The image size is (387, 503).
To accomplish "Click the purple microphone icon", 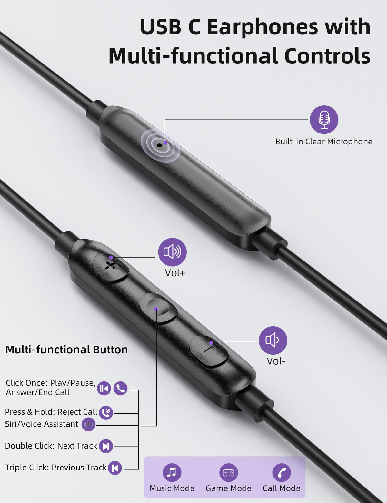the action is pos(324,120).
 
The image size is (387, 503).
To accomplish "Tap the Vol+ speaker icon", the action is pos(173,252).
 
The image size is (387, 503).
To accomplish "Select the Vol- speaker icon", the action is pos(273,340).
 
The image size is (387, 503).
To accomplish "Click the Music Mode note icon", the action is pos(172,472).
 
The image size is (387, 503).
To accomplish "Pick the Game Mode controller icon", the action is pos(228,472).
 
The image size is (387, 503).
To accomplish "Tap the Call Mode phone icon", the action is pos(282,472).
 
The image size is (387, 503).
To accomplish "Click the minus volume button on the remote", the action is pos(209,351).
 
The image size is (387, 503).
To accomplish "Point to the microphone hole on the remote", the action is pos(159,145).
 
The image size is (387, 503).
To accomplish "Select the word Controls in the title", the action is pos(327,55).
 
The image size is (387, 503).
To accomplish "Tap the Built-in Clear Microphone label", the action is pos(323,142).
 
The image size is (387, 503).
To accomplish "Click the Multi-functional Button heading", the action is pos(66,350).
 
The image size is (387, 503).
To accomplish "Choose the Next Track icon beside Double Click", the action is pos(106,446).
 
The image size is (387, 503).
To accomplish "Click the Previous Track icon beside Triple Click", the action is pos(115,468).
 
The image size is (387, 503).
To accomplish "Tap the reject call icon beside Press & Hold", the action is pos(106,413).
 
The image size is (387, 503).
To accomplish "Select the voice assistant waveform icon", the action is pos(88,424).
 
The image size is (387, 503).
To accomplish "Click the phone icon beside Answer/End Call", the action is pos(120,388).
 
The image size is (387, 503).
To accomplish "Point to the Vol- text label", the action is pos(276,361).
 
